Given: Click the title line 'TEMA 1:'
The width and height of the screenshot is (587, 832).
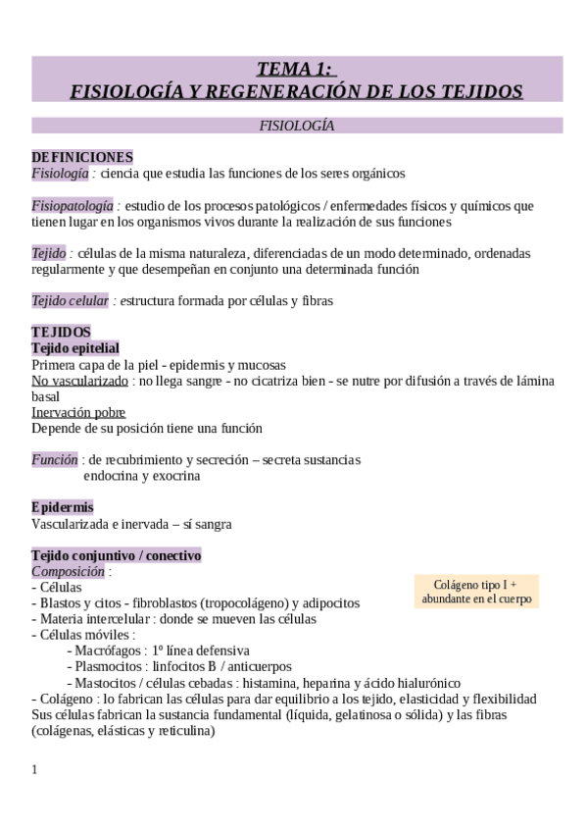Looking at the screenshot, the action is [296, 69].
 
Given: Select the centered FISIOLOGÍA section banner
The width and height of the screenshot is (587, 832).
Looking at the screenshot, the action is [296, 126].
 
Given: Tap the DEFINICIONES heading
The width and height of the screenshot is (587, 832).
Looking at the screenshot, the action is [82, 157].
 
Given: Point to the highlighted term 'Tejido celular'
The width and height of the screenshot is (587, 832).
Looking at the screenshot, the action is [70, 300].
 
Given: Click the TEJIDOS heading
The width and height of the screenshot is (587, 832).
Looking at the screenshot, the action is [61, 333].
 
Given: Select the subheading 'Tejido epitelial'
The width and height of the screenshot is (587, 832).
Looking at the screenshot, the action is [75, 348].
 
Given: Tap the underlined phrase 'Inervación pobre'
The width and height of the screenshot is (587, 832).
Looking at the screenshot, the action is [78, 412].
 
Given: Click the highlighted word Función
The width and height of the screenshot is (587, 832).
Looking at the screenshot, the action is [54, 459].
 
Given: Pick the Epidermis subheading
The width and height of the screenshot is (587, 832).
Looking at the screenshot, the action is [63, 507].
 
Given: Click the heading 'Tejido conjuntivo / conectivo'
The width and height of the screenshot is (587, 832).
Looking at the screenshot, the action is [116, 555].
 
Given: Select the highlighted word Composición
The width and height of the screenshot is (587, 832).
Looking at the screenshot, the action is [68, 571].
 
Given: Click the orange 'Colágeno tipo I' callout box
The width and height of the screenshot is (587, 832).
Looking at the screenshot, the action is [476, 591].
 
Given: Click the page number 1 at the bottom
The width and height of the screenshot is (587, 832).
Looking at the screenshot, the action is [35, 768].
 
